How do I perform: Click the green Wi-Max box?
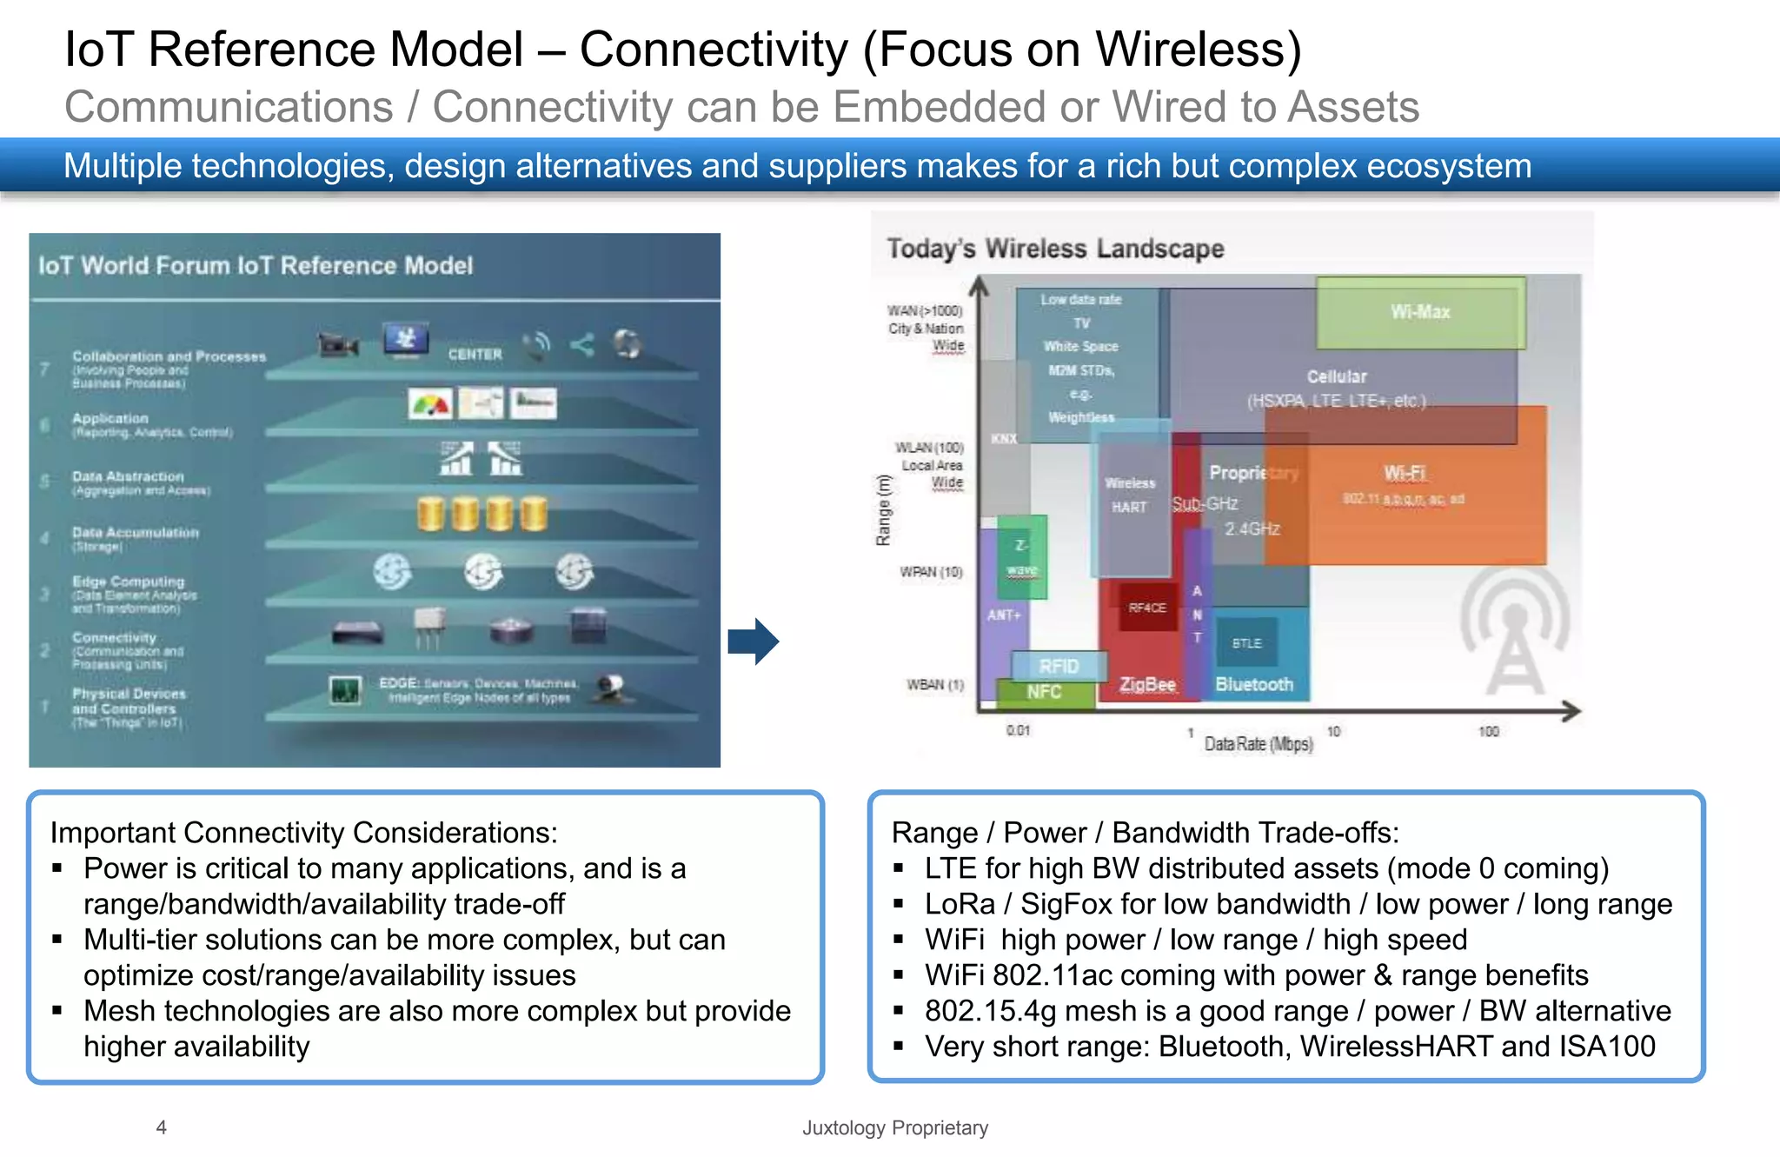tap(1420, 312)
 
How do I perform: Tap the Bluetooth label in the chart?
tap(1253, 684)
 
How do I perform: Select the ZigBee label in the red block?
tap(1147, 684)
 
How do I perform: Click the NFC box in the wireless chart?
tap(1044, 692)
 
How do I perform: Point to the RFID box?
tap(1059, 666)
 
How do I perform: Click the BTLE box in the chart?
tap(1246, 643)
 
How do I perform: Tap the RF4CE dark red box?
tap(1147, 608)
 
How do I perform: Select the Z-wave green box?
tap(1022, 557)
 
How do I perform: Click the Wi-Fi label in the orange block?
tap(1405, 473)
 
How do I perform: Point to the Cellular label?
tap(1337, 376)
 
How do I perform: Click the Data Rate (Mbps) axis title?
tap(1258, 744)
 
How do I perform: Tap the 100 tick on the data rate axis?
tap(1488, 732)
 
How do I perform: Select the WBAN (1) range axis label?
tap(935, 685)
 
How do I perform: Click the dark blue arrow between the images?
tap(754, 642)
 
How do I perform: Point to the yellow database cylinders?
tap(482, 514)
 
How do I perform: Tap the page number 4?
tap(161, 1127)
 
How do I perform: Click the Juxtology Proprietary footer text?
tap(894, 1127)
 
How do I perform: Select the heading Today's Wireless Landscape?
tap(1055, 249)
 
